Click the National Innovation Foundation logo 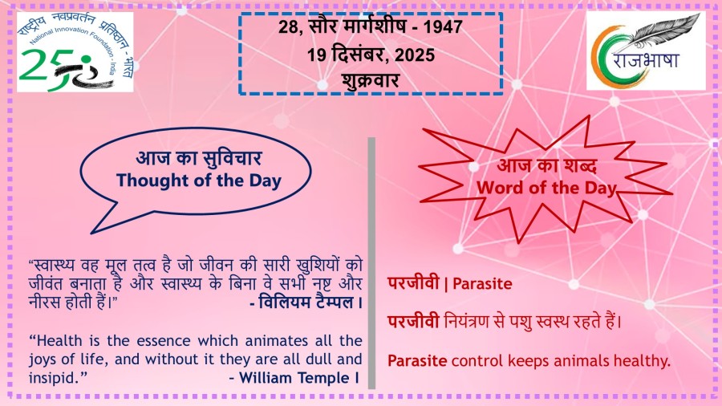click(x=75, y=52)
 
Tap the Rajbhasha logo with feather click(x=646, y=51)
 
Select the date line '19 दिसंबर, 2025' click(x=371, y=55)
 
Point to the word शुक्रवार click(x=370, y=80)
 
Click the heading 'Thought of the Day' click(x=198, y=181)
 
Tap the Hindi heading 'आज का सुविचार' click(x=198, y=158)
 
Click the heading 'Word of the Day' click(x=546, y=188)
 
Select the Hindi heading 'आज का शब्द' click(x=547, y=165)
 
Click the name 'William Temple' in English click(x=294, y=378)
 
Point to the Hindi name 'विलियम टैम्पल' click(x=306, y=302)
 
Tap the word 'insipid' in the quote click(x=54, y=378)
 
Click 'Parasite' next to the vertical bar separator click(x=482, y=283)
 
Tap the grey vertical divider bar click(x=371, y=263)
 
